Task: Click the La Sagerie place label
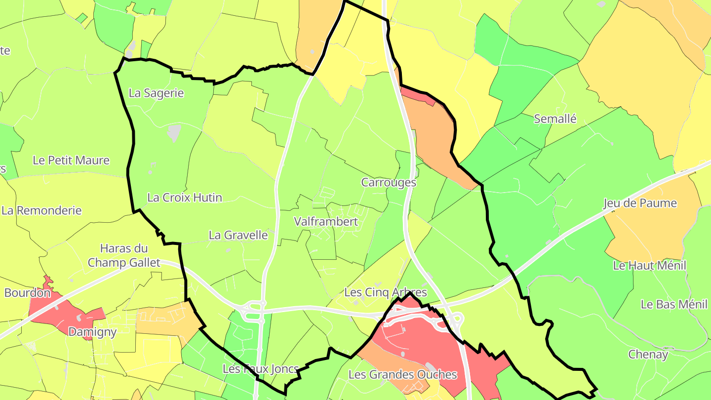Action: [x=156, y=93]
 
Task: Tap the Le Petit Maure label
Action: [x=71, y=160]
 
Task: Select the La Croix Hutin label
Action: [x=185, y=198]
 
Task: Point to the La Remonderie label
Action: [x=41, y=210]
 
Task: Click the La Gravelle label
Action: [x=238, y=235]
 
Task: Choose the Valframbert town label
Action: [x=326, y=222]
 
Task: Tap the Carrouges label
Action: [x=389, y=183]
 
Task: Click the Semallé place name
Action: [x=555, y=119]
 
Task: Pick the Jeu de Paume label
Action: [x=640, y=203]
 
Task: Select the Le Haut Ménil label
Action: [x=649, y=266]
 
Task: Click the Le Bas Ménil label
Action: [x=674, y=304]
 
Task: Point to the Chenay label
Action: [x=648, y=355]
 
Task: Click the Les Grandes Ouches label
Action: [x=402, y=374]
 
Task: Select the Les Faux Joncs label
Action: [x=260, y=369]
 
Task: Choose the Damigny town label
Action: [x=92, y=332]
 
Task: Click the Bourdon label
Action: [x=28, y=293]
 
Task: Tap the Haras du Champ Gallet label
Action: [x=124, y=255]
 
